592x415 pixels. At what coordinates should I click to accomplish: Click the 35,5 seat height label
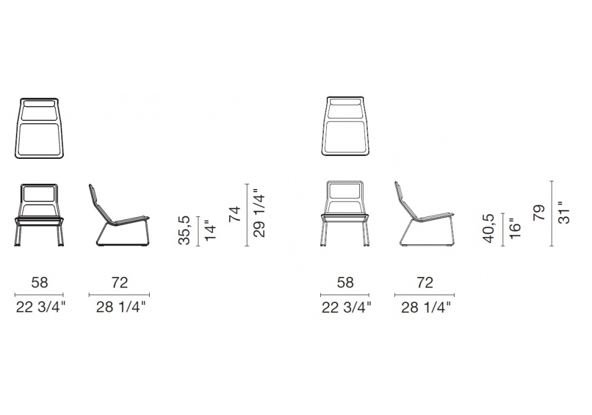pyautogui.click(x=184, y=230)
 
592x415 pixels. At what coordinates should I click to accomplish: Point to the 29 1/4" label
pyautogui.click(x=259, y=213)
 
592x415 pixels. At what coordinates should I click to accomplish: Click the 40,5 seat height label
pyautogui.click(x=488, y=228)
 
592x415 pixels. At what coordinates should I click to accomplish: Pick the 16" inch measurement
pyautogui.click(x=514, y=228)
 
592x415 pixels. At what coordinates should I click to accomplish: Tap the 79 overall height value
pyautogui.click(x=539, y=212)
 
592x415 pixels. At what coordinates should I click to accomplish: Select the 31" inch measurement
pyautogui.click(x=564, y=212)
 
